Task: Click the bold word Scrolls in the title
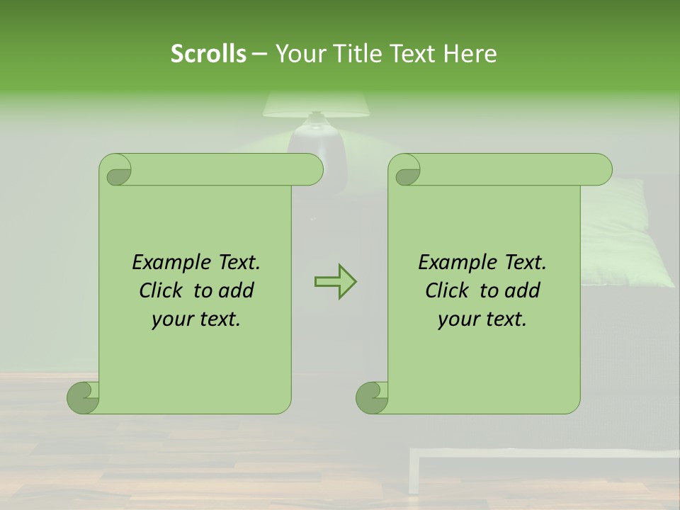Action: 208,54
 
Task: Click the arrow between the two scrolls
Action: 335,282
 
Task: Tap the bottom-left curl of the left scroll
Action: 83,397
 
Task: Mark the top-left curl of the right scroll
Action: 407,171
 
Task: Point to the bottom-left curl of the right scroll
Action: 372,397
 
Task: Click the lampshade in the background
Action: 316,106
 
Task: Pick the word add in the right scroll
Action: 523,290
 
